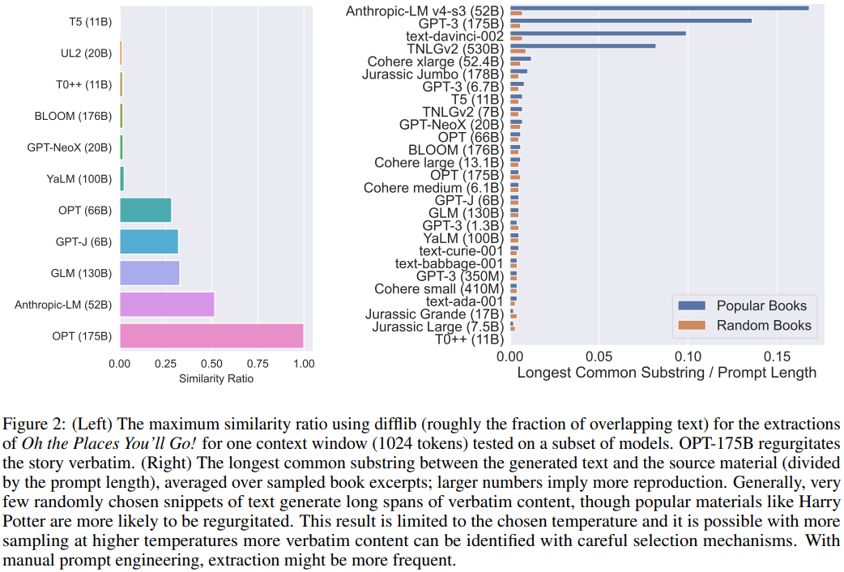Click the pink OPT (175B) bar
[x=211, y=336]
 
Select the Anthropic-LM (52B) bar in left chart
[x=167, y=305]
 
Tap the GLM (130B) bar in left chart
[x=149, y=273]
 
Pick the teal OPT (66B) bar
[x=145, y=210]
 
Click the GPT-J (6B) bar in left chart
[x=148, y=241]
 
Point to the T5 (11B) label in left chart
[x=90, y=22]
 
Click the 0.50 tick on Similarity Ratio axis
[x=211, y=364]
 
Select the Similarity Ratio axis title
[x=211, y=378]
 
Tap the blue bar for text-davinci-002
[x=598, y=33]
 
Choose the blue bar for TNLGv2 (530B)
[x=582, y=46]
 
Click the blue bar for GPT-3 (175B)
[x=630, y=21]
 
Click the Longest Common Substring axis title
[x=667, y=374]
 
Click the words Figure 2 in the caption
[x=29, y=425]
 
